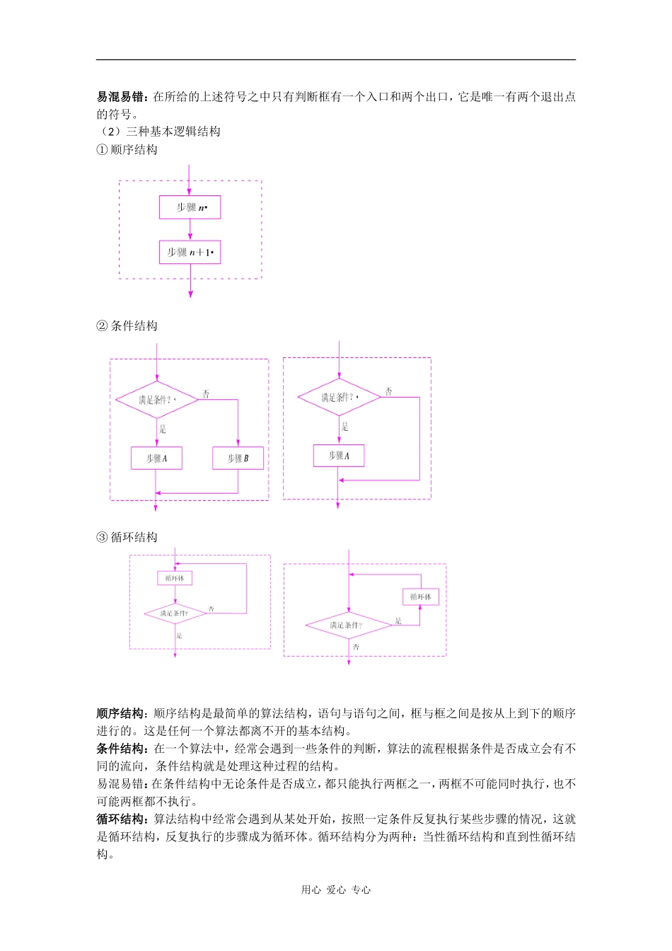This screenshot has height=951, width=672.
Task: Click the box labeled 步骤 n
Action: tap(190, 207)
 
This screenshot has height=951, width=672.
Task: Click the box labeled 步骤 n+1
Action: tap(190, 252)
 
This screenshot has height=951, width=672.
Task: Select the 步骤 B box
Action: tap(238, 458)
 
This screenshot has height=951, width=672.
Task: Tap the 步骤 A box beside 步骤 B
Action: tap(156, 458)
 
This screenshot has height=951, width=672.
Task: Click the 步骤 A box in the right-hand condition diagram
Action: tap(339, 456)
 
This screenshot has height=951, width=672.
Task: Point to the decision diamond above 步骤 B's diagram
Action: tap(156, 400)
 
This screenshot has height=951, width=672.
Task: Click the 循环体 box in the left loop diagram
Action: tap(175, 578)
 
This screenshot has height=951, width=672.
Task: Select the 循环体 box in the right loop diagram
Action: tap(420, 596)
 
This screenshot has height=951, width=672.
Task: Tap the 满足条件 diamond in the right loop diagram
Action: tap(348, 625)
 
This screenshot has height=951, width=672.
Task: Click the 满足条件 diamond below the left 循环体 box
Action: tap(175, 613)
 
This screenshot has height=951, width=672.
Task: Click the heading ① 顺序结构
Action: tap(127, 149)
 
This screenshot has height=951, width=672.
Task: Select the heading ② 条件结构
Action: tap(127, 325)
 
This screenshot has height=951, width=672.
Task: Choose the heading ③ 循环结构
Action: tap(127, 537)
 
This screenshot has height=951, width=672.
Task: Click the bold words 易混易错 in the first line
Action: tap(122, 97)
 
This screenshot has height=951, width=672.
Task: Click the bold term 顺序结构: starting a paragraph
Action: tap(122, 713)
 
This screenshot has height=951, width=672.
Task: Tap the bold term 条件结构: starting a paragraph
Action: tap(122, 749)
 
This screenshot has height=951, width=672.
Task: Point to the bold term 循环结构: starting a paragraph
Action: tap(122, 819)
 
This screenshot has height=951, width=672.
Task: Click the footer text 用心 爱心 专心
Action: tap(336, 890)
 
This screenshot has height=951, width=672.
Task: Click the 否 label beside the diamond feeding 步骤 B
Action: tap(206, 393)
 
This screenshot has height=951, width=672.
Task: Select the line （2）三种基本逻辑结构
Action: tap(159, 132)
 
